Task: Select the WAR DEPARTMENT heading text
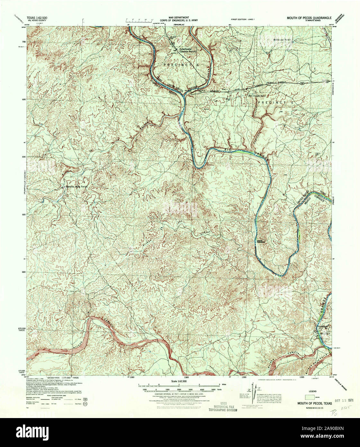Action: coord(179,17)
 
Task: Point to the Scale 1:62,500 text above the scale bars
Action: coord(178,381)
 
